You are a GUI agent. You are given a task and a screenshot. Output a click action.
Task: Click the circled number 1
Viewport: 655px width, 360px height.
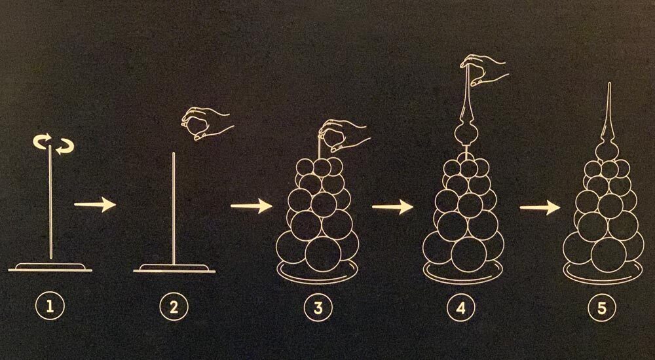tap(50, 308)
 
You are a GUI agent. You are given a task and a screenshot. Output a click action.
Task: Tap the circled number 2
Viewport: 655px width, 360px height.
tap(174, 308)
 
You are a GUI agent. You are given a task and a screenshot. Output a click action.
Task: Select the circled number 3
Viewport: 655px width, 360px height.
tap(318, 308)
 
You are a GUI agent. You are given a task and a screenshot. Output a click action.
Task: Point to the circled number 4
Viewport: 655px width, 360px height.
tap(461, 308)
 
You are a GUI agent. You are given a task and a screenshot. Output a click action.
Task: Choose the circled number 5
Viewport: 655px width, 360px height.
tap(602, 308)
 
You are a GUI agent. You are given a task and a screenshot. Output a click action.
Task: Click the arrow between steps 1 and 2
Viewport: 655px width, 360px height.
tap(95, 205)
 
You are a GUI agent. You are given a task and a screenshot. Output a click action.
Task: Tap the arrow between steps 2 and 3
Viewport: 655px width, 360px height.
tap(252, 206)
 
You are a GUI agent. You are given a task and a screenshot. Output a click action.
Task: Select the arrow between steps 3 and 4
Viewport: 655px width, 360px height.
tap(392, 207)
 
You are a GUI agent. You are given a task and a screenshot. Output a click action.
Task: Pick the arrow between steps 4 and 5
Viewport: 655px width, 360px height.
tap(540, 207)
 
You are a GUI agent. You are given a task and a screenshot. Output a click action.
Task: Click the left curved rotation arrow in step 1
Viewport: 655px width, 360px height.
tap(41, 141)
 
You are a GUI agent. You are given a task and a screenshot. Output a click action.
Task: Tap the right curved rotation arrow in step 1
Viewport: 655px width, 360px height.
tap(65, 147)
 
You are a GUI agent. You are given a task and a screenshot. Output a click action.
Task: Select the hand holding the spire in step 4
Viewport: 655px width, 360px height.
tap(484, 69)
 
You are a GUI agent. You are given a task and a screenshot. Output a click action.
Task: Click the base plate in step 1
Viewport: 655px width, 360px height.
tap(50, 267)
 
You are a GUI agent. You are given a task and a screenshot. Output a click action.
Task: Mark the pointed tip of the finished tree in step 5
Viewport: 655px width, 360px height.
tap(609, 84)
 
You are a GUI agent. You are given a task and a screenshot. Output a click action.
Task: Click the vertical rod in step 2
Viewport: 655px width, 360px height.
tap(174, 208)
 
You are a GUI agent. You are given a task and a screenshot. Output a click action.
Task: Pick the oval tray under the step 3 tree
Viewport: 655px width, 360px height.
tap(318, 278)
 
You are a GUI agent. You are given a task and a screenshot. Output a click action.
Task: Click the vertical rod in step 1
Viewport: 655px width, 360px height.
tap(50, 202)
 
